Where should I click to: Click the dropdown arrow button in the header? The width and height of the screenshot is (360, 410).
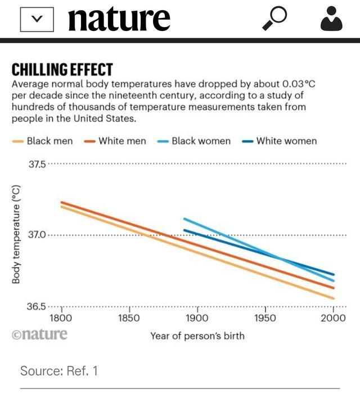[37, 19]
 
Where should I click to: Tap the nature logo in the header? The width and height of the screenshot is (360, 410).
[119, 19]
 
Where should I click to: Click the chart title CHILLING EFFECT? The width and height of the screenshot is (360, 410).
[62, 70]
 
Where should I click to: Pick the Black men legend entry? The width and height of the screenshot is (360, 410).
[43, 141]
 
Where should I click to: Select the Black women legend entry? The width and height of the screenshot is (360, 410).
[194, 141]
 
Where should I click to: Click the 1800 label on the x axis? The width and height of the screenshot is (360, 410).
[61, 318]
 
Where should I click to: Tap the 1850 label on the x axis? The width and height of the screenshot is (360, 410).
[129, 318]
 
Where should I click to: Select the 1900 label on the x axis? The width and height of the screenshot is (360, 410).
[197, 318]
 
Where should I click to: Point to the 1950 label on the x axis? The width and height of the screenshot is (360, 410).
[265, 318]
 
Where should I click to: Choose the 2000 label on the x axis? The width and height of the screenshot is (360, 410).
[333, 318]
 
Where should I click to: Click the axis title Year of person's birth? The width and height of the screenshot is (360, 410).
[197, 336]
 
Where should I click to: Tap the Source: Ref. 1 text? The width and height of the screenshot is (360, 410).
[58, 371]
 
